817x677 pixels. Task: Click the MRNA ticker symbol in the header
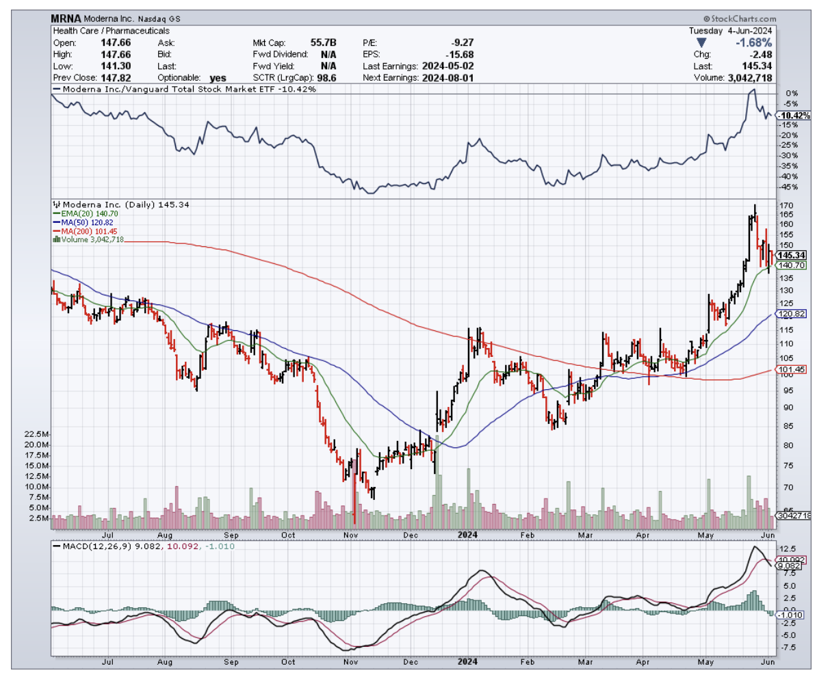click(66, 19)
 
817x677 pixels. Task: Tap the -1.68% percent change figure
click(754, 42)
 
